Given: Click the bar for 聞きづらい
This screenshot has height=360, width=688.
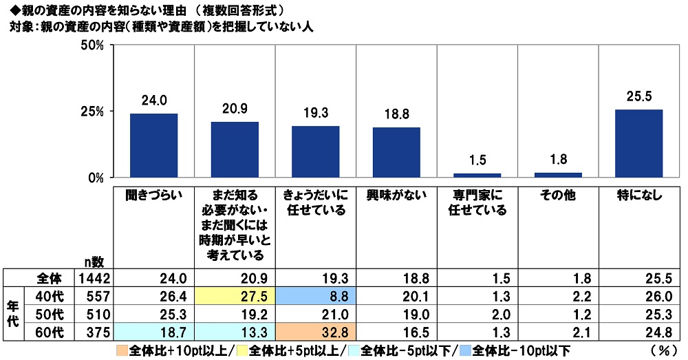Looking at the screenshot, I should coord(153,145).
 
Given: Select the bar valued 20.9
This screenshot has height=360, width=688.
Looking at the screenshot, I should coord(235,149).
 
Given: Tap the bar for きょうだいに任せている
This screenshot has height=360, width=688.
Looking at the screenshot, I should coord(315,151).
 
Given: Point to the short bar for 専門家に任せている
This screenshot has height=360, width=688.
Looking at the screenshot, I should coord(477,175).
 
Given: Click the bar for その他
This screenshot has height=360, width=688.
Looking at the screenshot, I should coord(558,175).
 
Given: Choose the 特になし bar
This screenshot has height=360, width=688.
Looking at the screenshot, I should coord(638,143).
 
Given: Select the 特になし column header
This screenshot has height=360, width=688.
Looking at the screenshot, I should coord(638,195).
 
